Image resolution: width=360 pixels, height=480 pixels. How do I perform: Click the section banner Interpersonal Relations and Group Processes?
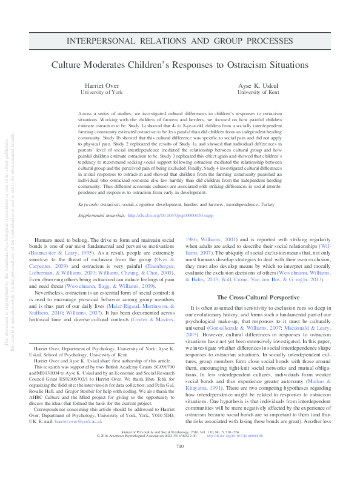click(x=179, y=40)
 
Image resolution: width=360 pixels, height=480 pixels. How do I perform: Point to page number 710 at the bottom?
click(x=179, y=463)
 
